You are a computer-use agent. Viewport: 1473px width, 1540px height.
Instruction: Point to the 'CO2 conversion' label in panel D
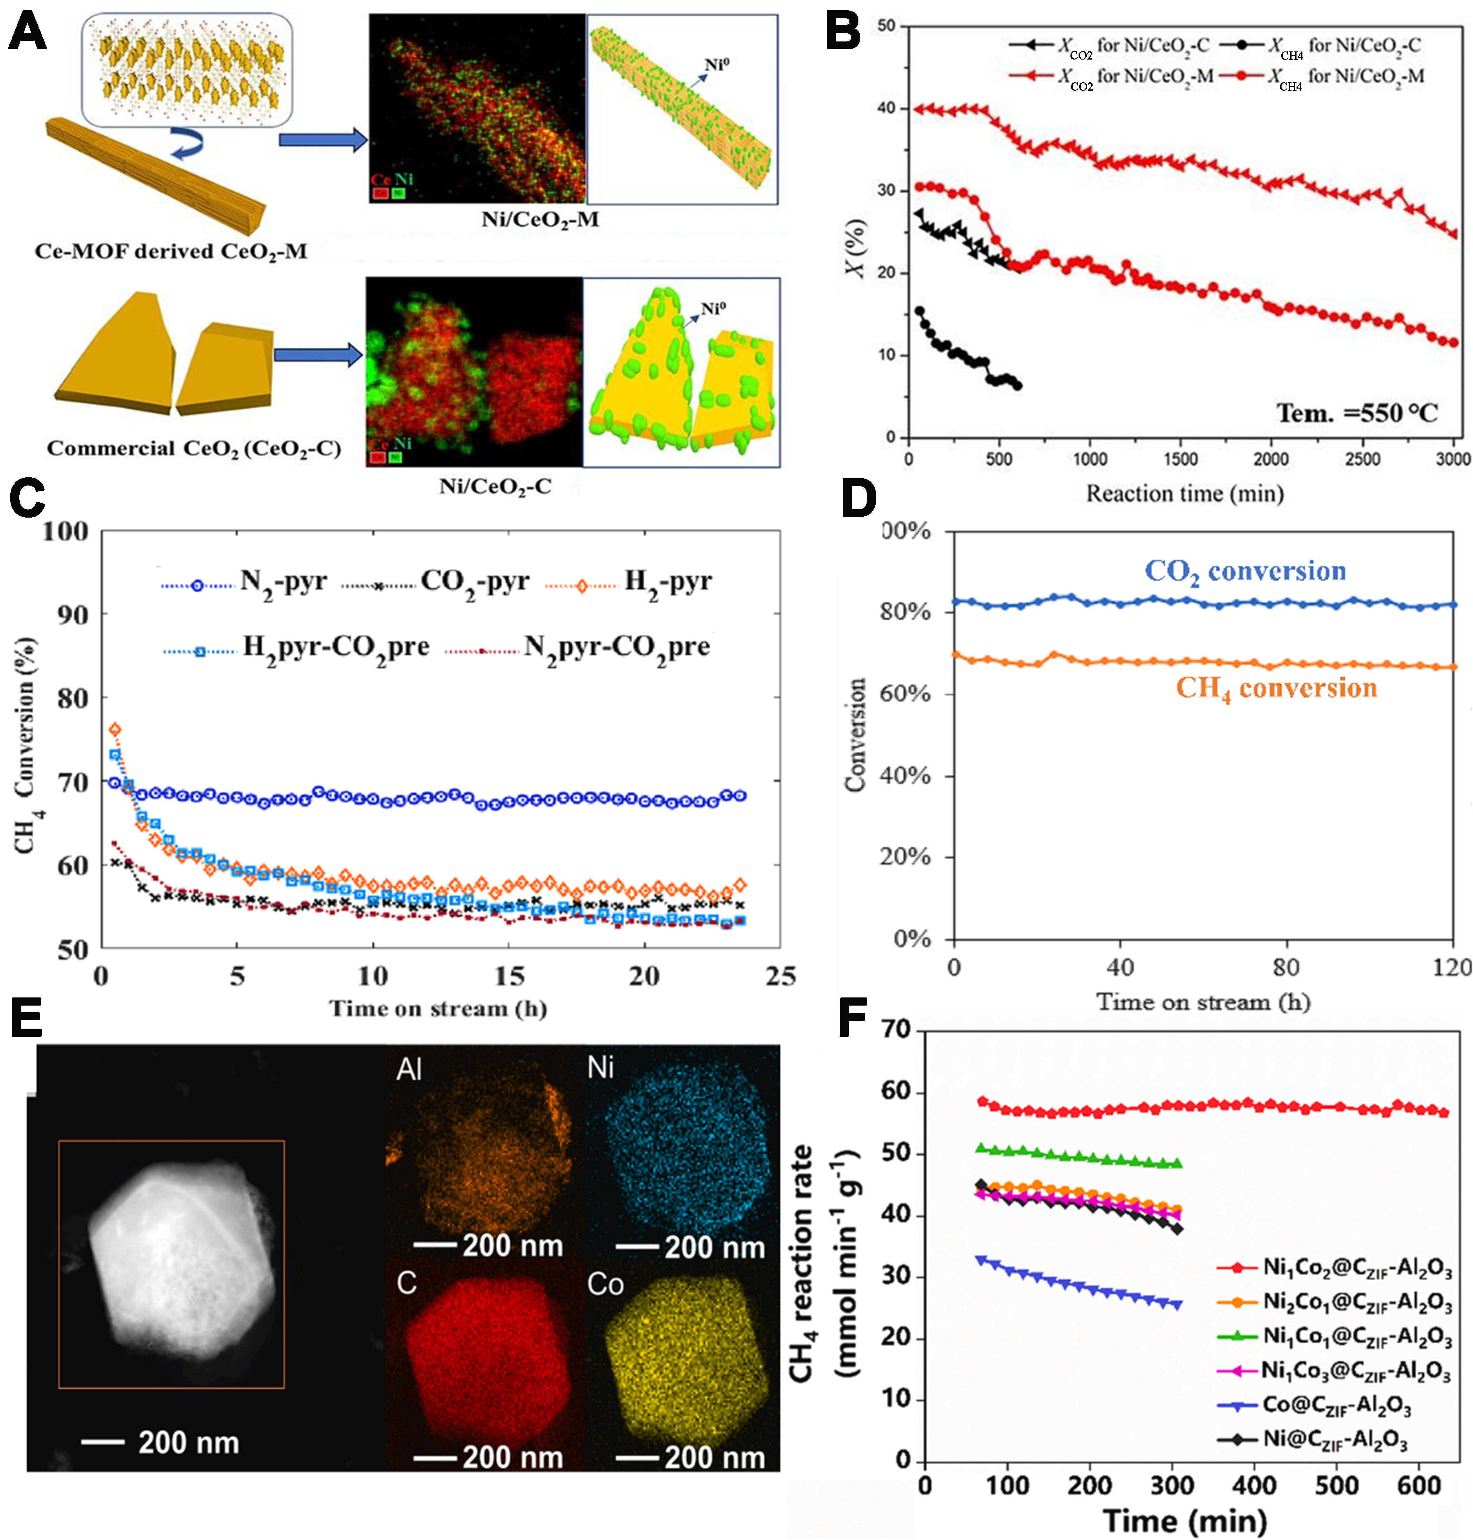1244,572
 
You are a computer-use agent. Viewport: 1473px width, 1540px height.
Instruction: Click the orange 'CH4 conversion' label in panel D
1276,689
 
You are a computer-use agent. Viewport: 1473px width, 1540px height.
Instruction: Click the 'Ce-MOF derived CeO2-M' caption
171,251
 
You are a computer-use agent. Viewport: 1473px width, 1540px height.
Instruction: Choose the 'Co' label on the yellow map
605,1285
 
